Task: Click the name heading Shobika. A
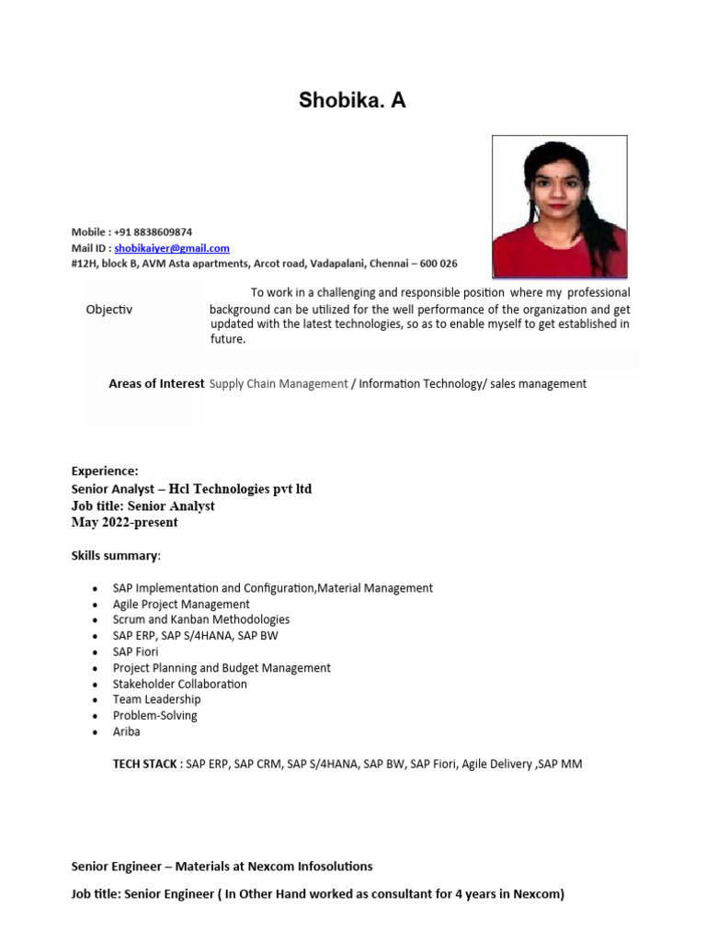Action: (x=352, y=101)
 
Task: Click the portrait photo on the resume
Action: (x=559, y=207)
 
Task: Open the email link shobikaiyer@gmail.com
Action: (x=172, y=248)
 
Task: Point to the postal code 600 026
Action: (x=438, y=264)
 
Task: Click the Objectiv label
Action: (x=109, y=310)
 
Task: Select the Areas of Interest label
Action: (x=156, y=384)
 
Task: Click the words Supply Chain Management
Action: (x=279, y=384)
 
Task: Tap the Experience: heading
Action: (x=105, y=471)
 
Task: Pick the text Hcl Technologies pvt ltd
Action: (x=240, y=489)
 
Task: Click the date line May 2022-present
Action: (x=125, y=523)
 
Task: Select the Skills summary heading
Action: (x=115, y=556)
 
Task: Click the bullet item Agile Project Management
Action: (x=181, y=605)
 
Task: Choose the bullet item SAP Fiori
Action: (x=135, y=652)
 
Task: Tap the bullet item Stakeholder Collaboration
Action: (x=179, y=684)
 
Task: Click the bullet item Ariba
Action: (x=127, y=731)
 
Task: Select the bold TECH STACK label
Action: (x=145, y=764)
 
